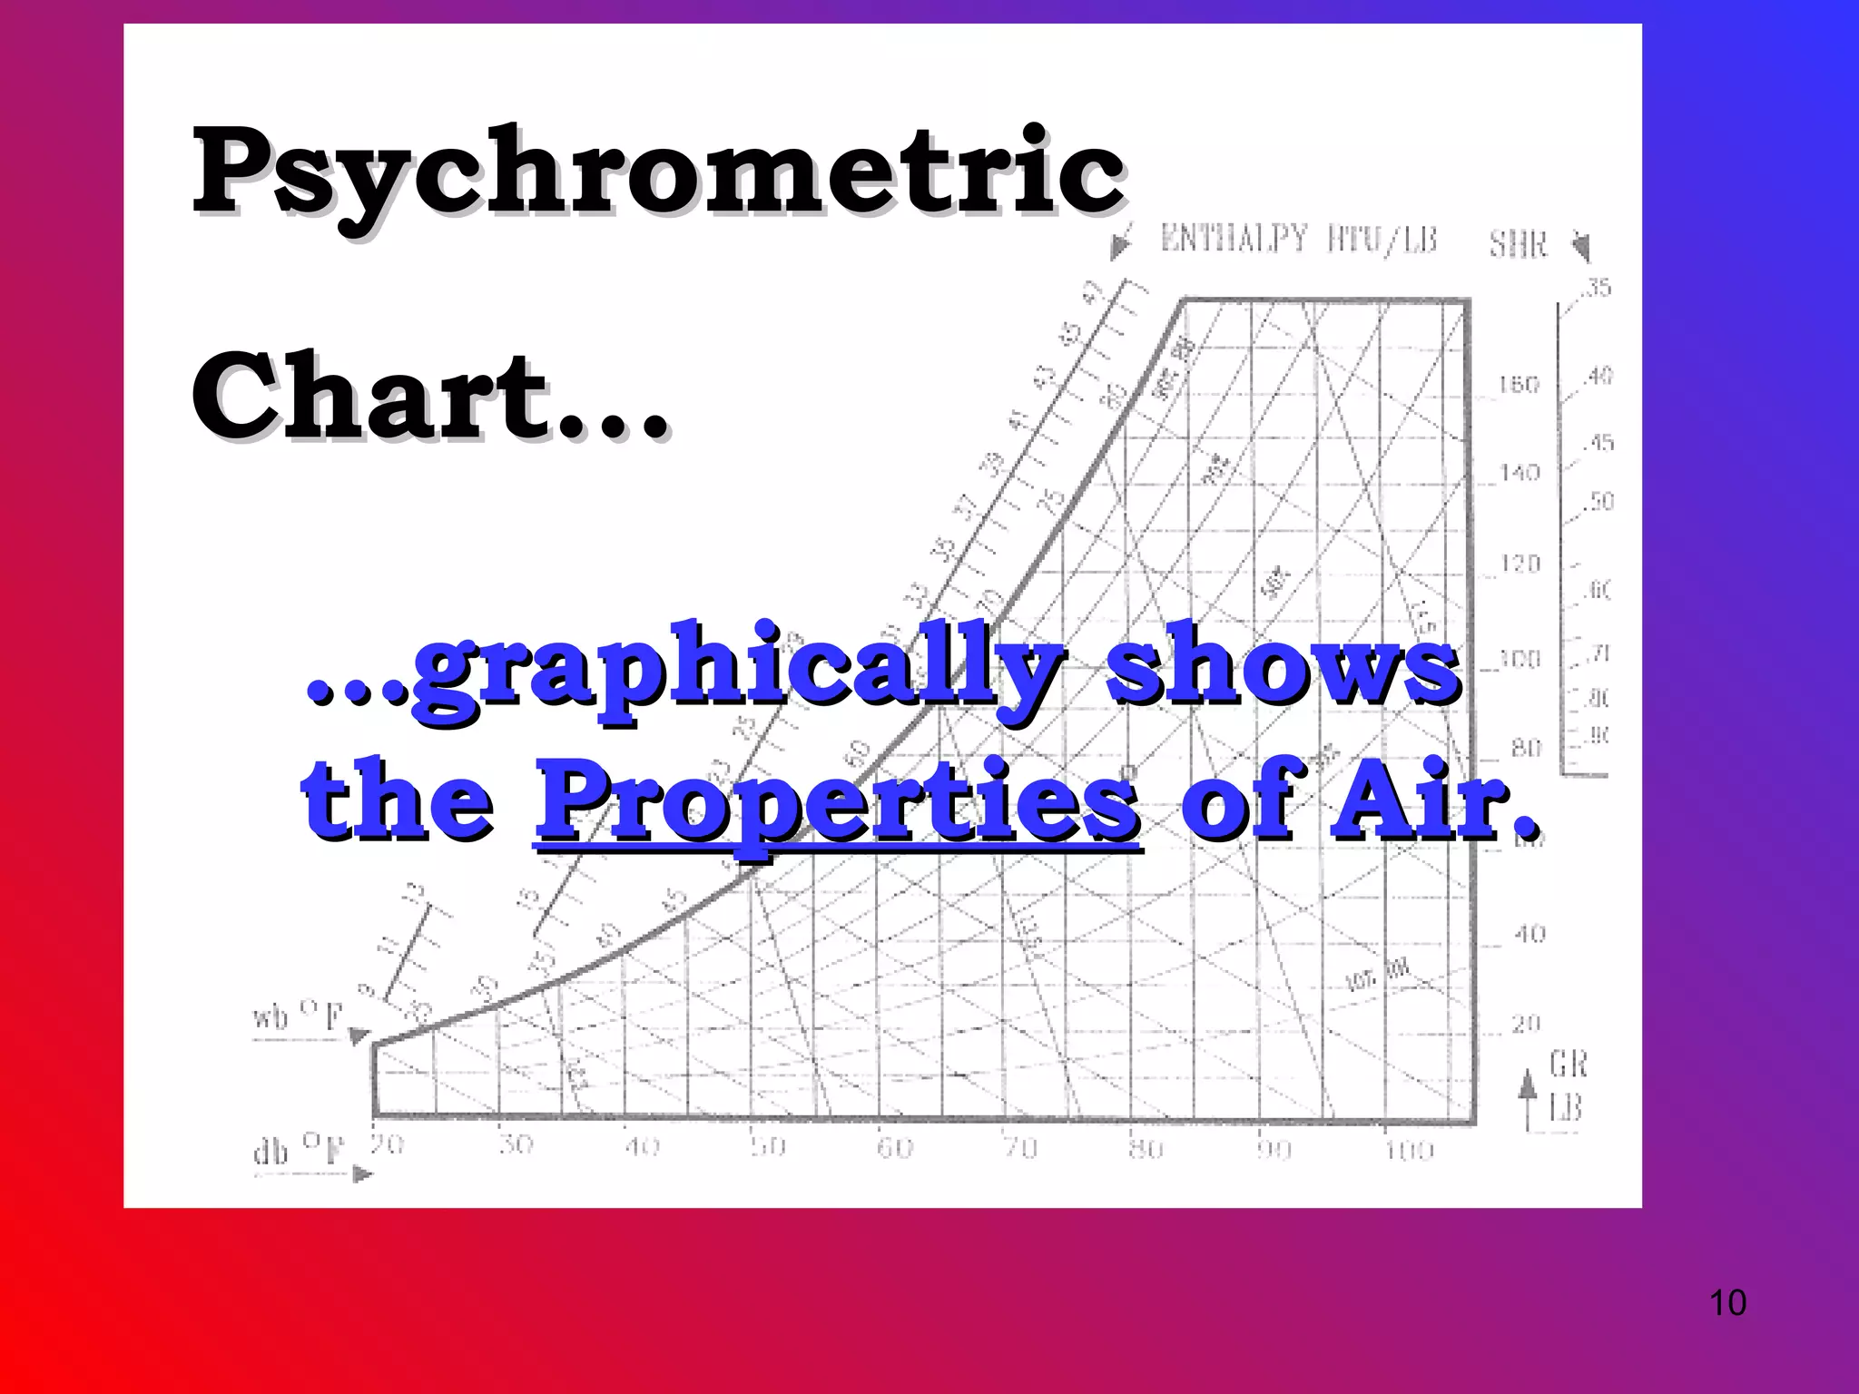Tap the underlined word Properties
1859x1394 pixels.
[x=837, y=801]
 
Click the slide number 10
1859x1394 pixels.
[x=1726, y=1303]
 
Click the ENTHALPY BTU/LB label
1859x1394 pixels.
[x=1299, y=241]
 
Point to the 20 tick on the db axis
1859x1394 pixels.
[x=388, y=1145]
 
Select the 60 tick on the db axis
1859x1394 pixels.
[x=894, y=1149]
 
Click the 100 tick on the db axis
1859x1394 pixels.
[x=1409, y=1151]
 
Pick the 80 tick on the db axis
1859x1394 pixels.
[x=1146, y=1149]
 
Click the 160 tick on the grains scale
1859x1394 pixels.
[x=1519, y=385]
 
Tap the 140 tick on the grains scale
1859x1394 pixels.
[x=1520, y=473]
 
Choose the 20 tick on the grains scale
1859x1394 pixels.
[x=1527, y=1024]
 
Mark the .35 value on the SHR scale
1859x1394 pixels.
[x=1598, y=289]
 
